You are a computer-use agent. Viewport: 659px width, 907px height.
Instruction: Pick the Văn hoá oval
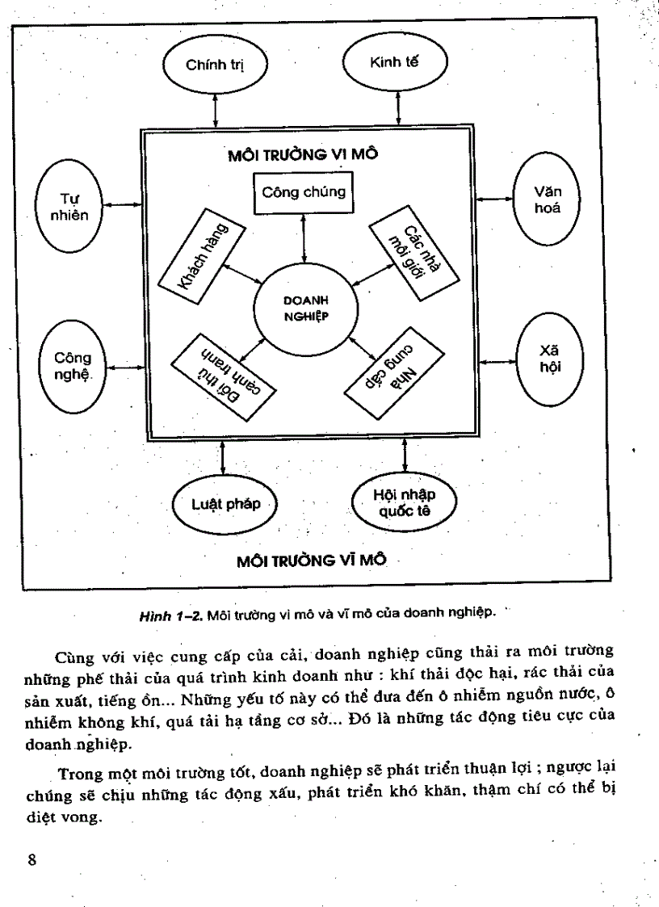tap(548, 199)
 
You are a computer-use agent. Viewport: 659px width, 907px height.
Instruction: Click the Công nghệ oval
tap(73, 364)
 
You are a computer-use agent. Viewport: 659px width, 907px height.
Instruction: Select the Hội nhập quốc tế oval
tap(405, 502)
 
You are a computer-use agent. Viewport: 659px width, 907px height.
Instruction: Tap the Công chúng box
tap(304, 193)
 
